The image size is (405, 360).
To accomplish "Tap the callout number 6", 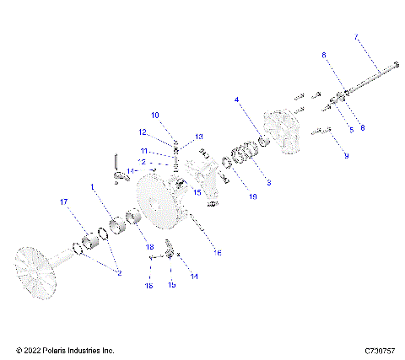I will [x=323, y=55].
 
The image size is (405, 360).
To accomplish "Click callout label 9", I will [x=344, y=156].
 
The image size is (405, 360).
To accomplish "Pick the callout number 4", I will [x=237, y=99].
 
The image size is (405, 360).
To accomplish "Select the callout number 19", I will [x=228, y=197].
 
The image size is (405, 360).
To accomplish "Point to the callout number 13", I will [x=199, y=136].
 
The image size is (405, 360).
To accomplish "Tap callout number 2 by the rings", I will [x=117, y=273].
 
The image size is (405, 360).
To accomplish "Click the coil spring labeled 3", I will [x=246, y=154].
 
